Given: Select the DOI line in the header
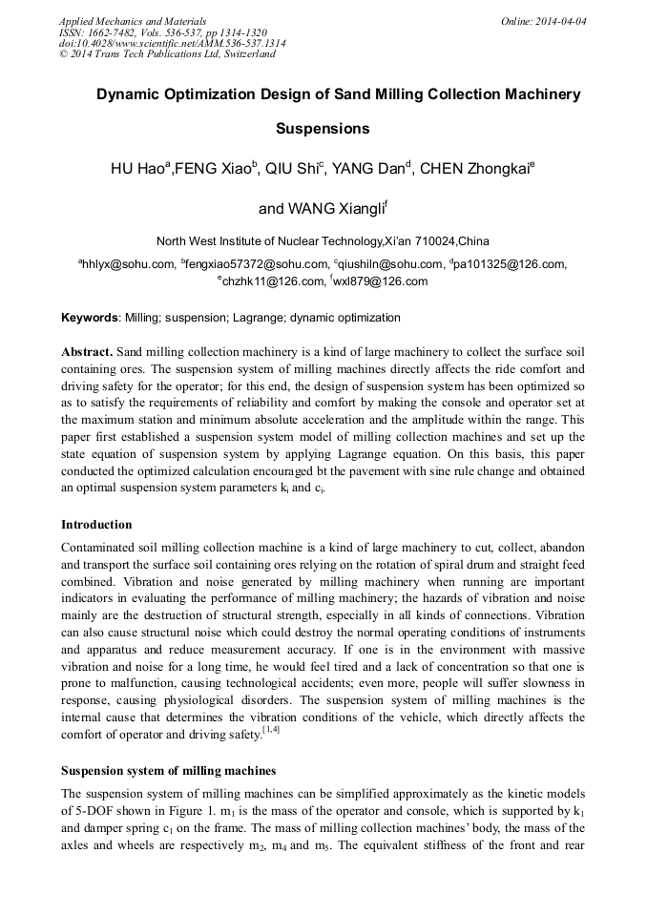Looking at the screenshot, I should pos(172,43).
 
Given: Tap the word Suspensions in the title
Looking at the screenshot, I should pos(323,128).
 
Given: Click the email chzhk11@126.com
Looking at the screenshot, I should pos(273,281).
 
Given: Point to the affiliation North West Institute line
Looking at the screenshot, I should pos(323,241).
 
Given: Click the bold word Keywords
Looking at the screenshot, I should pos(90,318).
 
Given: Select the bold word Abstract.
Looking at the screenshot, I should pos(88,351).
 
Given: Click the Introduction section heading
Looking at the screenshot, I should pos(96,525).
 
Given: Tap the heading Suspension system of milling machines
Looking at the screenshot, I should pos(168,771).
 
